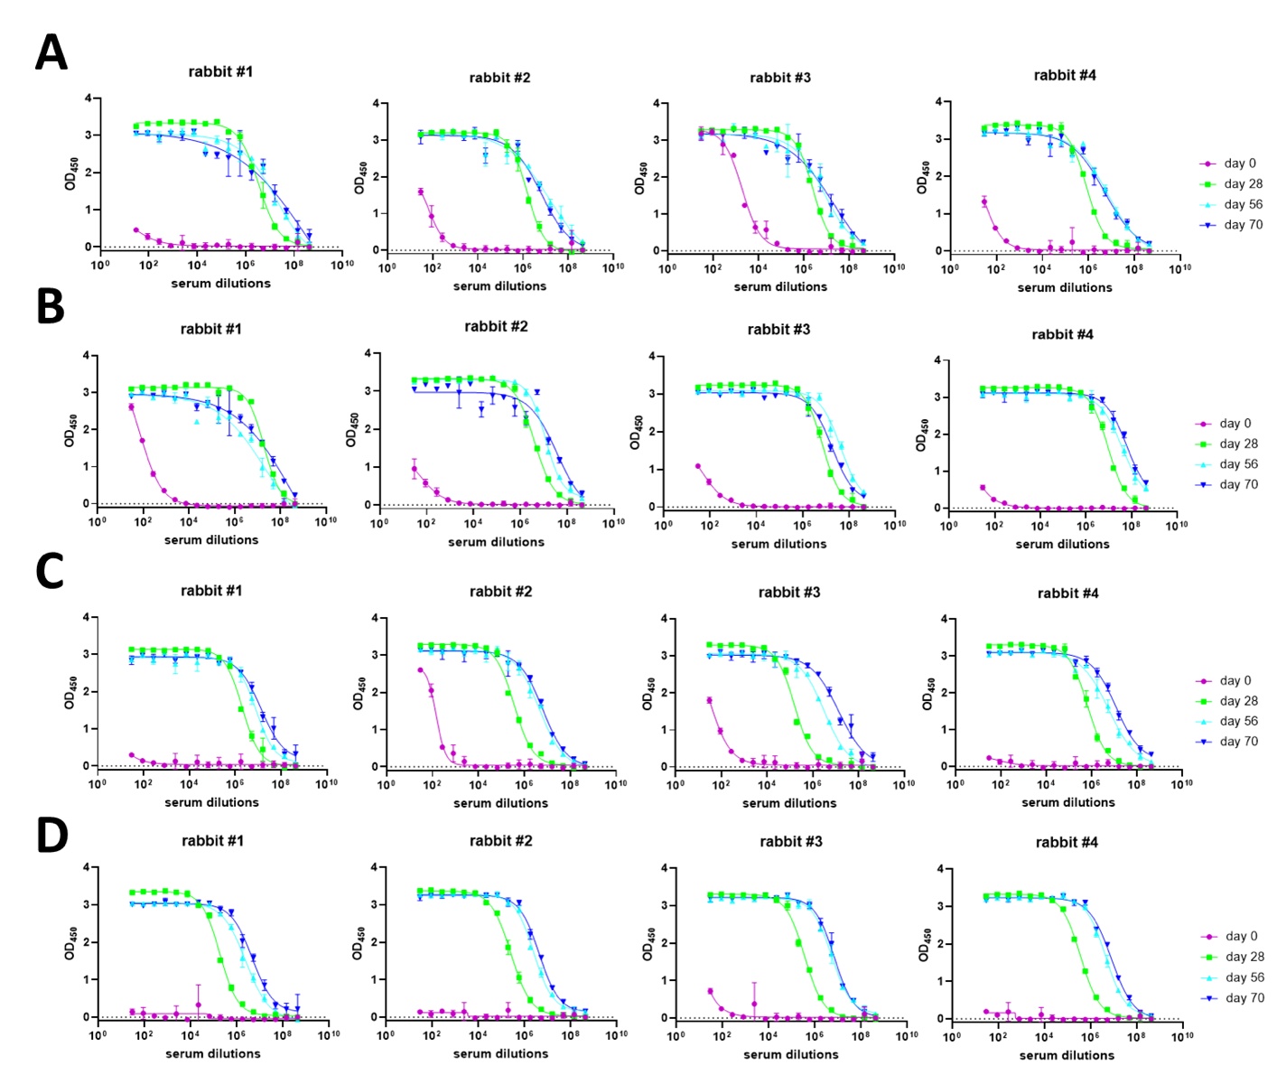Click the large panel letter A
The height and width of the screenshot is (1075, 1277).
pyautogui.click(x=51, y=53)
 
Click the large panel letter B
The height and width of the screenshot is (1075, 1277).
pyautogui.click(x=51, y=307)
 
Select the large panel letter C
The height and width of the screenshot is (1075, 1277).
pyautogui.click(x=51, y=571)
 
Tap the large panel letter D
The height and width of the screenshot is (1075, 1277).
pyautogui.click(x=51, y=836)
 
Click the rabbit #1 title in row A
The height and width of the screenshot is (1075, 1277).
pyautogui.click(x=220, y=71)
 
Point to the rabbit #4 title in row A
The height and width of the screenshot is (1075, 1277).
pyautogui.click(x=1065, y=76)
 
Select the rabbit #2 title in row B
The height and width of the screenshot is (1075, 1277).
pyautogui.click(x=496, y=326)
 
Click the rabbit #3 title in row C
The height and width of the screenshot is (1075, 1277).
pyautogui.click(x=789, y=593)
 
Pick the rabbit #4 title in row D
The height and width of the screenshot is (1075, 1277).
pyautogui.click(x=1067, y=842)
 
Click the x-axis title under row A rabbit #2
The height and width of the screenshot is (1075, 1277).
pyautogui.click(x=499, y=286)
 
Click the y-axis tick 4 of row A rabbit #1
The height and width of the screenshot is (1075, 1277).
pyautogui.click(x=89, y=98)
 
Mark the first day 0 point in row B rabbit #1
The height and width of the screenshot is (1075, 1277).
pyautogui.click(x=132, y=407)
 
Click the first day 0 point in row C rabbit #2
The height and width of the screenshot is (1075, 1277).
pyautogui.click(x=420, y=670)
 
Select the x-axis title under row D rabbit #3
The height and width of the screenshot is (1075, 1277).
pyautogui.click(x=790, y=1054)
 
